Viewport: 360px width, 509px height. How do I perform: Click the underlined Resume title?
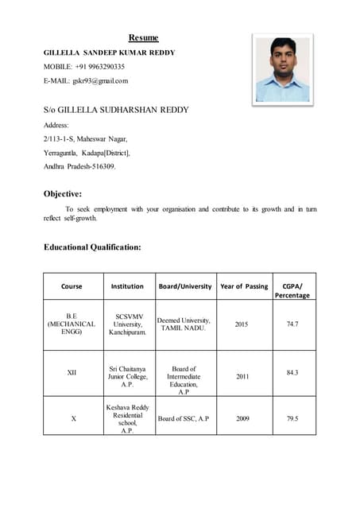pyautogui.click(x=144, y=37)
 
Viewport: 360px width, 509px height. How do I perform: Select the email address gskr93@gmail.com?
pyautogui.click(x=100, y=80)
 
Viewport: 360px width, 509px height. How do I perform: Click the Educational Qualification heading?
pyautogui.click(x=92, y=247)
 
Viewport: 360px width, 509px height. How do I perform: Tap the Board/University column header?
pyautogui.click(x=184, y=286)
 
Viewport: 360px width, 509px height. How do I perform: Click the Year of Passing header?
pyautogui.click(x=244, y=286)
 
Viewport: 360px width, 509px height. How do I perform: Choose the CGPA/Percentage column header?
pyautogui.click(x=292, y=290)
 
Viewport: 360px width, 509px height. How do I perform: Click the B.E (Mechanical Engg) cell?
pyautogui.click(x=72, y=324)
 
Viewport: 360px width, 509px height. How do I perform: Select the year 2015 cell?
pyautogui.click(x=242, y=324)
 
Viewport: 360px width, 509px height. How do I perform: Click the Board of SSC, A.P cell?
pyautogui.click(x=184, y=418)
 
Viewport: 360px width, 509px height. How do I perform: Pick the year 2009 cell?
pyautogui.click(x=242, y=418)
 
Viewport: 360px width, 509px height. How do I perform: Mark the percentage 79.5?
pyautogui.click(x=292, y=418)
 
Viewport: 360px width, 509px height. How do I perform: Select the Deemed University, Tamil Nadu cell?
pyautogui.click(x=184, y=324)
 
